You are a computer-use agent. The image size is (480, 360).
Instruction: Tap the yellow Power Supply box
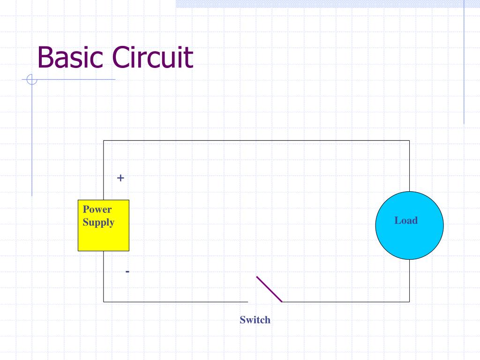104,225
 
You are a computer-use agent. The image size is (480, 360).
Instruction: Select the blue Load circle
410,225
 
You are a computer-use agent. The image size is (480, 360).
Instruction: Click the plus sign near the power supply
120,178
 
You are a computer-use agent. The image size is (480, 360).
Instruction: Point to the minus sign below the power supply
127,271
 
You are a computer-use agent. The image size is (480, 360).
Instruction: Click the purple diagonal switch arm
269,289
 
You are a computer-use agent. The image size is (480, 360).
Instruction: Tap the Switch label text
255,320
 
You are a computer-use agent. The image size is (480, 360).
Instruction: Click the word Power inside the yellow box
97,210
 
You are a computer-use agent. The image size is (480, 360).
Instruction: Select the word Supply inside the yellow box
98,223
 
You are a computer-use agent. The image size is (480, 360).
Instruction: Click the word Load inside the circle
406,220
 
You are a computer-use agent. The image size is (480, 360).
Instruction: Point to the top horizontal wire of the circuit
256,141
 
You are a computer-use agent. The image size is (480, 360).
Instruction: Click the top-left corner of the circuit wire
104,141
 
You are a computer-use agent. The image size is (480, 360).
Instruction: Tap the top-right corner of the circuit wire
410,141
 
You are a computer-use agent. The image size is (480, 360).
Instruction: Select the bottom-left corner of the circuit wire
104,302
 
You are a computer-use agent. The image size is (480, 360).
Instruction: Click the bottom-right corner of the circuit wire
410,302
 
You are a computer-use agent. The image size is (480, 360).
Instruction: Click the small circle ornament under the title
32,79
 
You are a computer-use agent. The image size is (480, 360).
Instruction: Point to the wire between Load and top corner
410,166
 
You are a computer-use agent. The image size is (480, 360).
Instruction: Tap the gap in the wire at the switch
265,302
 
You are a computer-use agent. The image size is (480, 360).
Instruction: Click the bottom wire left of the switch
176,302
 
